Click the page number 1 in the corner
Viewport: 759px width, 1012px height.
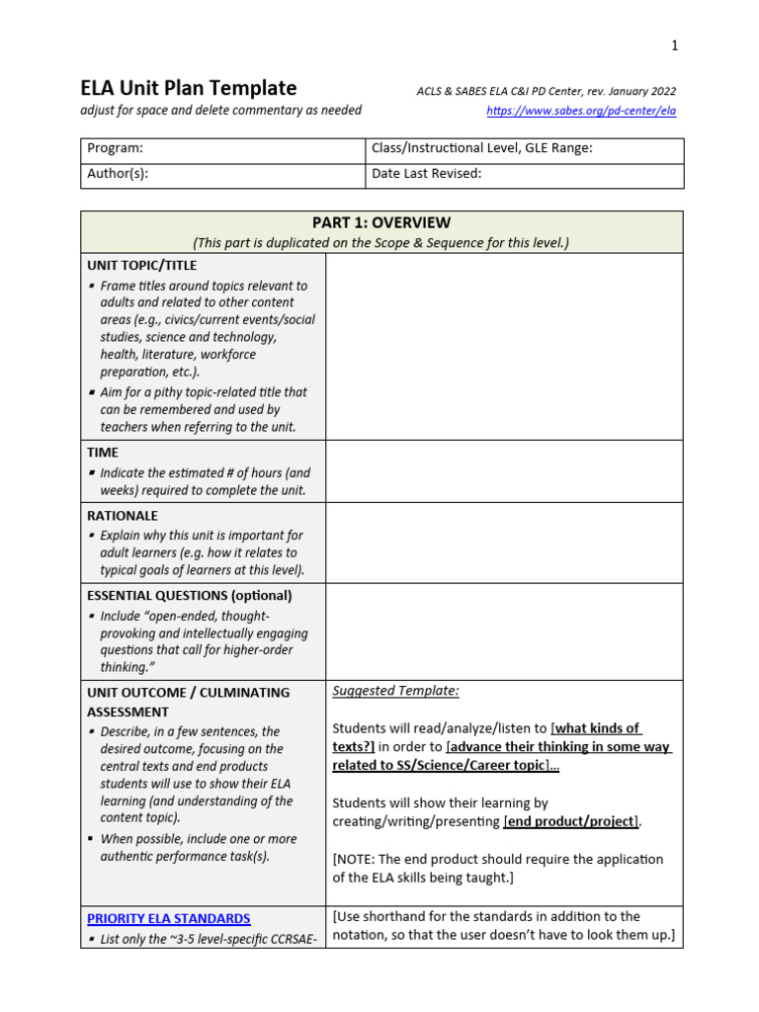675,45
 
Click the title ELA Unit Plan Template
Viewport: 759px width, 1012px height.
188,88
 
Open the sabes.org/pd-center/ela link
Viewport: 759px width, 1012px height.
581,112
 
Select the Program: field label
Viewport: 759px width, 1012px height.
116,148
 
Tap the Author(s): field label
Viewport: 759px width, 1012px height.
119,174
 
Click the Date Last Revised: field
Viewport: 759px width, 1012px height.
426,174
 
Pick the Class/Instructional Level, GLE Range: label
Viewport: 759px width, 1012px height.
481,148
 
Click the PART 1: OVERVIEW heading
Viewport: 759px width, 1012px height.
380,223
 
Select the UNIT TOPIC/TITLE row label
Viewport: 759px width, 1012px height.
141,265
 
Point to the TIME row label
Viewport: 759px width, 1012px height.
103,452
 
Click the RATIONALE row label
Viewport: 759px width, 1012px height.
123,516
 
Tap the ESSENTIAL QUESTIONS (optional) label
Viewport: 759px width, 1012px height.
190,596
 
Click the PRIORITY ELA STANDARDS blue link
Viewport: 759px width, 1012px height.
168,918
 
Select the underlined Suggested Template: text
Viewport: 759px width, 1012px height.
395,691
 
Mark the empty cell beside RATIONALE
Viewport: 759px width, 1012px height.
504,543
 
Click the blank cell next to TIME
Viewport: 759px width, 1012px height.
504,471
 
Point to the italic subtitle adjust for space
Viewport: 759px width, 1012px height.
220,111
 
